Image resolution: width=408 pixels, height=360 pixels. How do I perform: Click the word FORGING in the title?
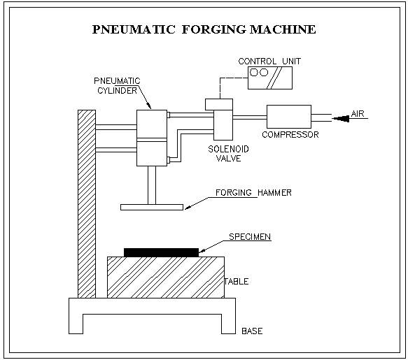(213, 29)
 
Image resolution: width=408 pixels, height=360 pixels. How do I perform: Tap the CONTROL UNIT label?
(269, 62)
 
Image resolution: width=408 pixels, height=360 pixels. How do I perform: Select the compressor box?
(289, 117)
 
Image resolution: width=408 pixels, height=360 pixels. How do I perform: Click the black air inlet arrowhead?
(341, 119)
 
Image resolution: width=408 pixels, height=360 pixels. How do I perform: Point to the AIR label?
(358, 114)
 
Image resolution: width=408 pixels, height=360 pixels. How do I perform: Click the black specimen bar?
(161, 252)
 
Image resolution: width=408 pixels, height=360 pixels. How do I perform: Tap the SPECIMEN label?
(250, 237)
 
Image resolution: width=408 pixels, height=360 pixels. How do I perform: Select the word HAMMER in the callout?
(274, 193)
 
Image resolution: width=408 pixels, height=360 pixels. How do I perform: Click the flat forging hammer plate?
(152, 207)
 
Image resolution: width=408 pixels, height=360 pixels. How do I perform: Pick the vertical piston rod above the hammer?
(152, 185)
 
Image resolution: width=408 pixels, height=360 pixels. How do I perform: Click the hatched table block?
(166, 278)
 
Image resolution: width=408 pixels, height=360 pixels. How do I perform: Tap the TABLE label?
(237, 282)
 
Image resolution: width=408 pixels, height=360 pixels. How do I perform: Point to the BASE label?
(252, 331)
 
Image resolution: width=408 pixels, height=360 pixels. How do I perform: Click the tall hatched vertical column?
(87, 204)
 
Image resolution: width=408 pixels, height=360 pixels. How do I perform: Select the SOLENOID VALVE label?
(228, 154)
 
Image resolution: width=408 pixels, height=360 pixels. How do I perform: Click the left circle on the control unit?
(254, 72)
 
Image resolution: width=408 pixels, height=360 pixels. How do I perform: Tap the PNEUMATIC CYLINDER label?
(117, 86)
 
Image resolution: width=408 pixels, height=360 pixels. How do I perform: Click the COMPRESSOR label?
(290, 135)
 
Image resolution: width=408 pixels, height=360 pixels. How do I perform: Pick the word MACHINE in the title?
(283, 29)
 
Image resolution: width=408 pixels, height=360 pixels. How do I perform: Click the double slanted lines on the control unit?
(274, 78)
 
